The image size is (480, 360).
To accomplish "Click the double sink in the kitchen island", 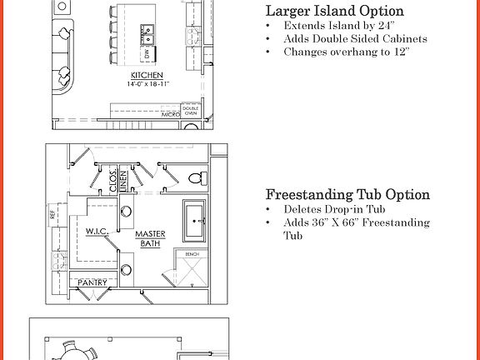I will (x=151, y=35).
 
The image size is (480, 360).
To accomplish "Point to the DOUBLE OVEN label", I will (x=190, y=110).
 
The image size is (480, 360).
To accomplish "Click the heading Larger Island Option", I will (x=334, y=12).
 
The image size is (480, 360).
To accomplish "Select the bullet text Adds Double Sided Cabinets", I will (x=355, y=38).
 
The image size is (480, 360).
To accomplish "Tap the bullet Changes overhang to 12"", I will (x=347, y=52).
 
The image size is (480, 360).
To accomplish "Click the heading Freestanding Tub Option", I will (x=347, y=195).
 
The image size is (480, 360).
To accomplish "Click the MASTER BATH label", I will (x=151, y=238).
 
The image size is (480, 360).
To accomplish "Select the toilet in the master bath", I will (x=196, y=177).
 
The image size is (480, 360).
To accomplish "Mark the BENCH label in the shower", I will (x=191, y=253).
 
